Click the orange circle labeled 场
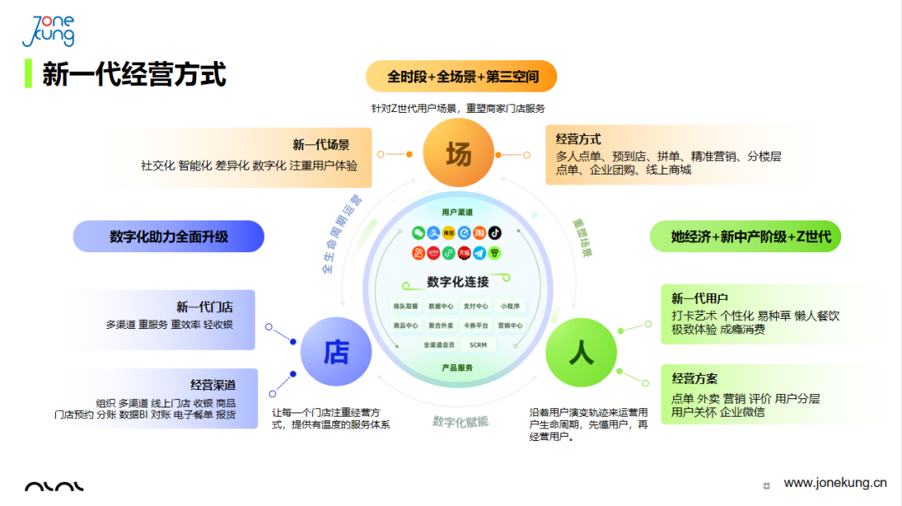pyautogui.click(x=459, y=154)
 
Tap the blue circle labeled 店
pyautogui.click(x=336, y=353)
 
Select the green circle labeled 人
pyautogui.click(x=580, y=353)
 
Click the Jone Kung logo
pyautogui.click(x=48, y=32)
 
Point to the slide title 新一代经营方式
pyautogui.click(x=134, y=74)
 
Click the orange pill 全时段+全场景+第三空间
pyautogui.click(x=462, y=77)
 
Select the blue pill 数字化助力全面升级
pyautogui.click(x=169, y=236)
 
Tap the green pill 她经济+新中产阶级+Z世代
pyautogui.click(x=746, y=236)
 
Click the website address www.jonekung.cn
pyautogui.click(x=834, y=483)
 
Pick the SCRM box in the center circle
pyautogui.click(x=478, y=344)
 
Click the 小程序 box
pyautogui.click(x=510, y=306)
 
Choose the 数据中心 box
pyautogui.click(x=440, y=306)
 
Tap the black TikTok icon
pyautogui.click(x=495, y=232)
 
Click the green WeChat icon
pyautogui.click(x=418, y=232)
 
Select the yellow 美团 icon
pyautogui.click(x=449, y=232)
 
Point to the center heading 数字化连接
pyautogui.click(x=458, y=281)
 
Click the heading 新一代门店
pyautogui.click(x=204, y=307)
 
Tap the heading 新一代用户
pyautogui.click(x=700, y=298)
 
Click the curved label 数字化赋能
pyautogui.click(x=460, y=421)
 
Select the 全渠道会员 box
pyautogui.click(x=438, y=344)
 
